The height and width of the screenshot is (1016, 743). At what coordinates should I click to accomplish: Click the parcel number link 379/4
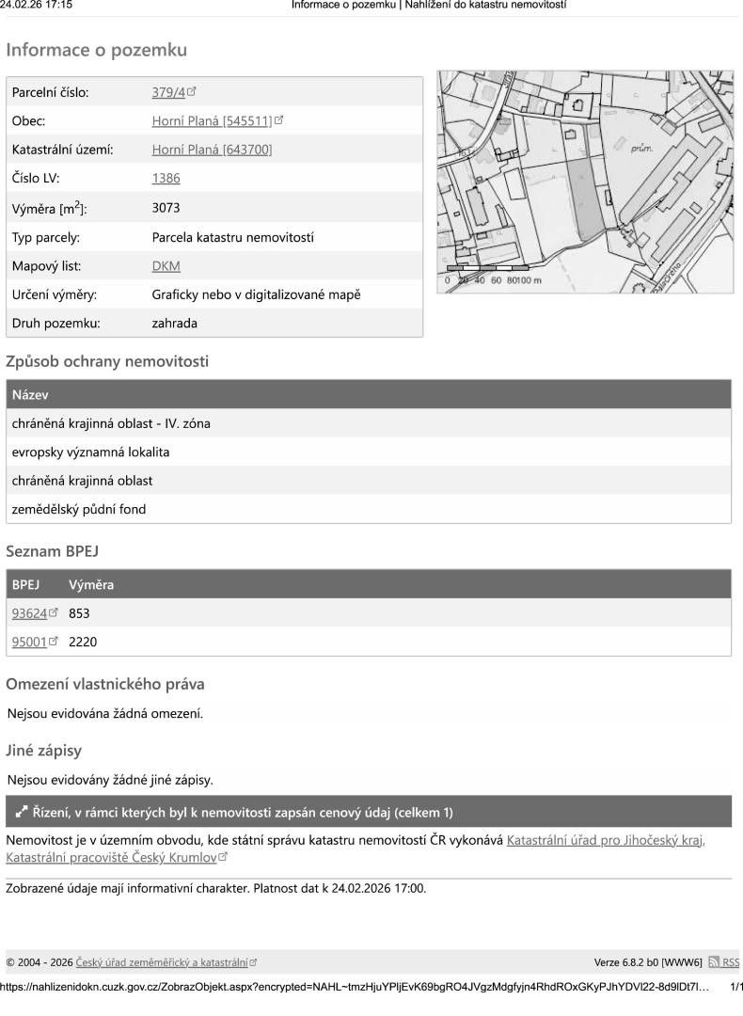point(168,92)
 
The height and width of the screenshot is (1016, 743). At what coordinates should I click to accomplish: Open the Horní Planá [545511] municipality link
point(213,120)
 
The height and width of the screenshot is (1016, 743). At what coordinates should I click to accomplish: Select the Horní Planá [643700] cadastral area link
point(213,150)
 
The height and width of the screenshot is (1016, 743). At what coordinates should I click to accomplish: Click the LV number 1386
point(166,178)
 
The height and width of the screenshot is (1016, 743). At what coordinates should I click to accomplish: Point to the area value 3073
point(166,208)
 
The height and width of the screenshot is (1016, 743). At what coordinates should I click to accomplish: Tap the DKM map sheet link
point(166,266)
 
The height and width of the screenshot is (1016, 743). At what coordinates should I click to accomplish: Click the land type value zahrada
point(174,324)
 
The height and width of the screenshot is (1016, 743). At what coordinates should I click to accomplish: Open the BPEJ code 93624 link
point(29,613)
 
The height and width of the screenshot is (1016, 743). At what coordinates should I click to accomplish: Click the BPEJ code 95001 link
point(29,643)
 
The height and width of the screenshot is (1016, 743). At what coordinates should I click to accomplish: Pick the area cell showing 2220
point(83,643)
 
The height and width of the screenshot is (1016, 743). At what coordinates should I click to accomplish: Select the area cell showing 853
point(79,613)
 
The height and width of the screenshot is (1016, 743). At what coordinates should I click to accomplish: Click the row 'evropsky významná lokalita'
point(90,452)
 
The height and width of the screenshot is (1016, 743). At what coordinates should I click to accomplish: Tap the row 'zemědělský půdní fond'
point(79,510)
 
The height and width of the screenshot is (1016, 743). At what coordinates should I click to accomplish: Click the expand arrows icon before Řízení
point(22,812)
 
